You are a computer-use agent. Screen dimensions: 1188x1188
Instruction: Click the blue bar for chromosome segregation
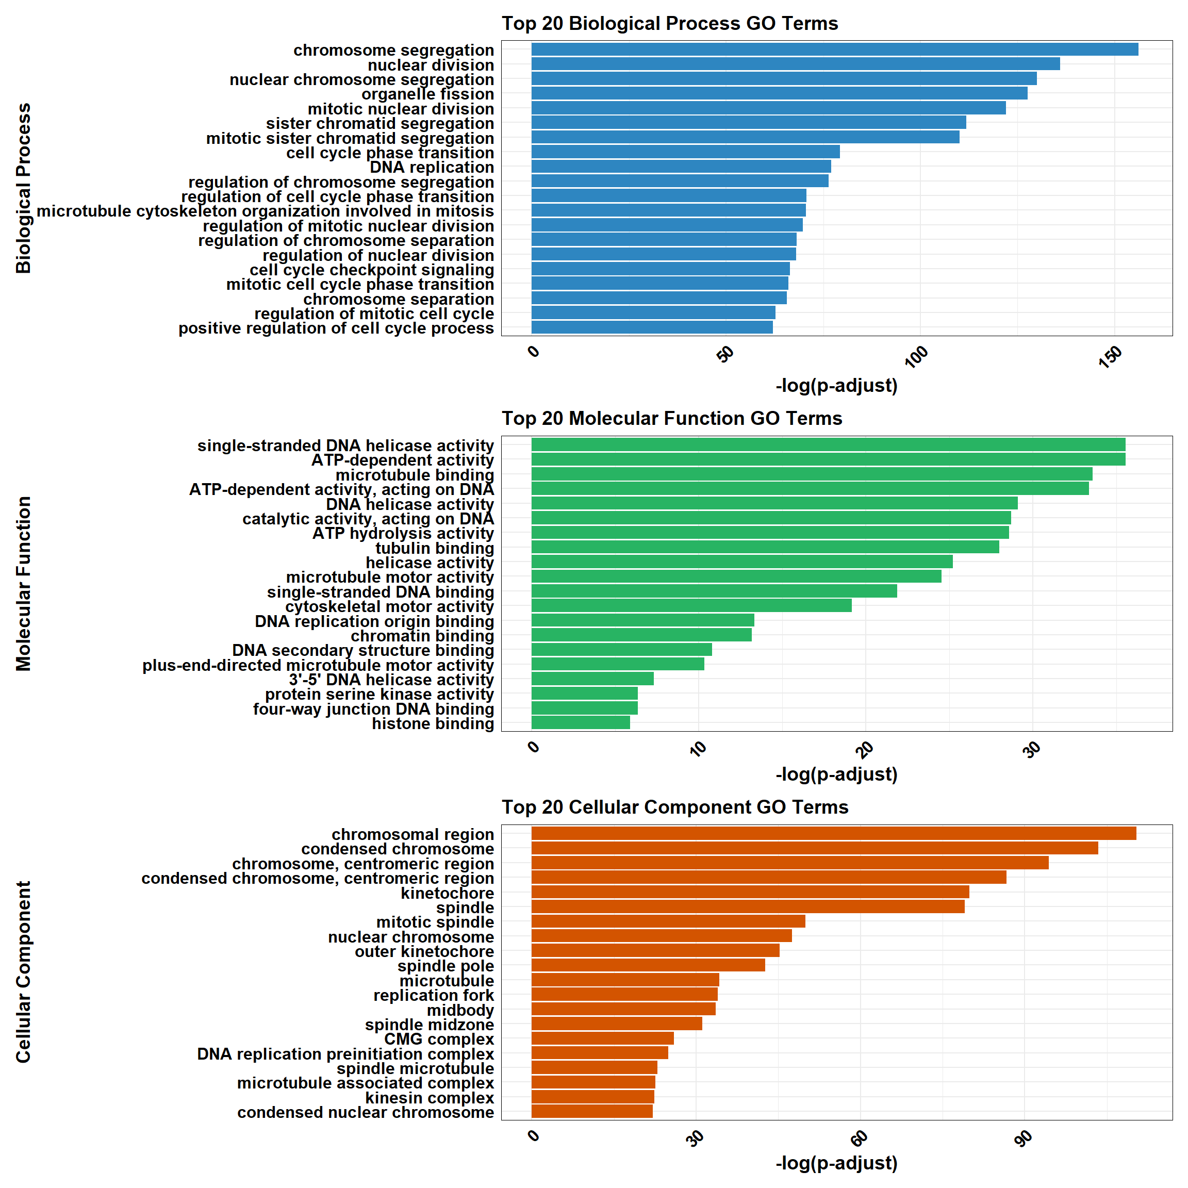834,49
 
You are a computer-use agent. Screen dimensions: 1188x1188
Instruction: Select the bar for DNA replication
681,167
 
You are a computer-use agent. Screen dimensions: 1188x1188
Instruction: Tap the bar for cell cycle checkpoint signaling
661,269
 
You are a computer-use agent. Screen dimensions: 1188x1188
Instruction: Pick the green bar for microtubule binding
812,474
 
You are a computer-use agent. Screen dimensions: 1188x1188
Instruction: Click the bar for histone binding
581,723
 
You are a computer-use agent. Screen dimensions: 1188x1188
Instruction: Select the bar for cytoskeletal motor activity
691,606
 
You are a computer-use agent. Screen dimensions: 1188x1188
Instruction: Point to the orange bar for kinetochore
750,892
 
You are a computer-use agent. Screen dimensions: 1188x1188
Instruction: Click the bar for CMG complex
603,1038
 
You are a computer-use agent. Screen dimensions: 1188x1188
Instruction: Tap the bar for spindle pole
648,965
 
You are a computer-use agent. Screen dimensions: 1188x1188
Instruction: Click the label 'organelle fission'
427,94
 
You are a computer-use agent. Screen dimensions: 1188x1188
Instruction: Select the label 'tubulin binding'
434,548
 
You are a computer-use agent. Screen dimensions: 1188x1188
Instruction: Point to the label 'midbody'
460,1010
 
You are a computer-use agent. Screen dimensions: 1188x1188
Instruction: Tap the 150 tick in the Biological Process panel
1111,357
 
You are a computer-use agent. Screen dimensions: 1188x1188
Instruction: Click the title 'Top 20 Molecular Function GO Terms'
671,418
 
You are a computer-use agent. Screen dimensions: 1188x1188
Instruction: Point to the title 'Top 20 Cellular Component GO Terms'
674,807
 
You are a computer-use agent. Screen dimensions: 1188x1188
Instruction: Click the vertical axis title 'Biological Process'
23,188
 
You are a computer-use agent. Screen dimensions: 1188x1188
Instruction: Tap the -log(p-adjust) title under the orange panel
836,1163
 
